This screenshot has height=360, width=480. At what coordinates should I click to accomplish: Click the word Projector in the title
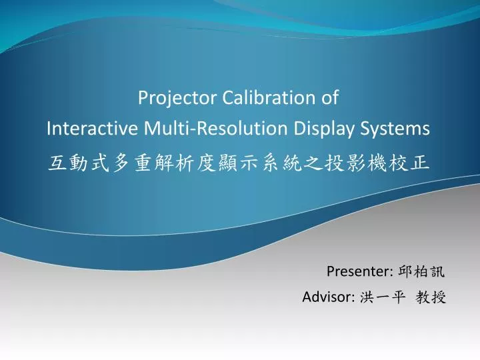[x=169, y=99]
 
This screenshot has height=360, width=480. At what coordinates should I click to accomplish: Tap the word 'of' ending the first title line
[x=331, y=99]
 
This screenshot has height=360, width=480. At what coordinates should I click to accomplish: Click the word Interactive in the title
[x=93, y=129]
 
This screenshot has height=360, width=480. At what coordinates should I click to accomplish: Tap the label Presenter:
[x=359, y=271]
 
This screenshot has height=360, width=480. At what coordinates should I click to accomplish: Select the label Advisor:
[x=327, y=297]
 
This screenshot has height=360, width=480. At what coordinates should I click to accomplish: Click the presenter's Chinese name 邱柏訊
[x=421, y=271]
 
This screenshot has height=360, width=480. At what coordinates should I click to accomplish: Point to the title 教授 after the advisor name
[x=431, y=297]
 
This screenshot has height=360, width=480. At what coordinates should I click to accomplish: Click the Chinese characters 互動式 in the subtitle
[x=79, y=163]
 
